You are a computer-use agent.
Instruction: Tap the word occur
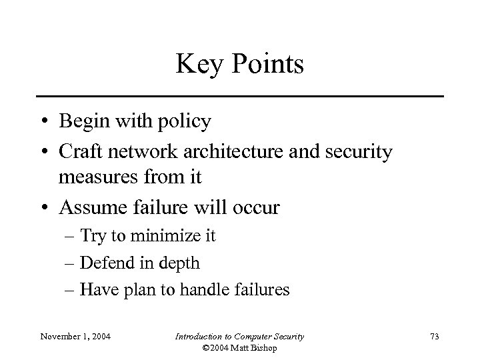tap(256, 209)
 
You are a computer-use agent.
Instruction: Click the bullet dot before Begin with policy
tap(43, 123)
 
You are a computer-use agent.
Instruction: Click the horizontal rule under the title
tap(240, 97)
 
